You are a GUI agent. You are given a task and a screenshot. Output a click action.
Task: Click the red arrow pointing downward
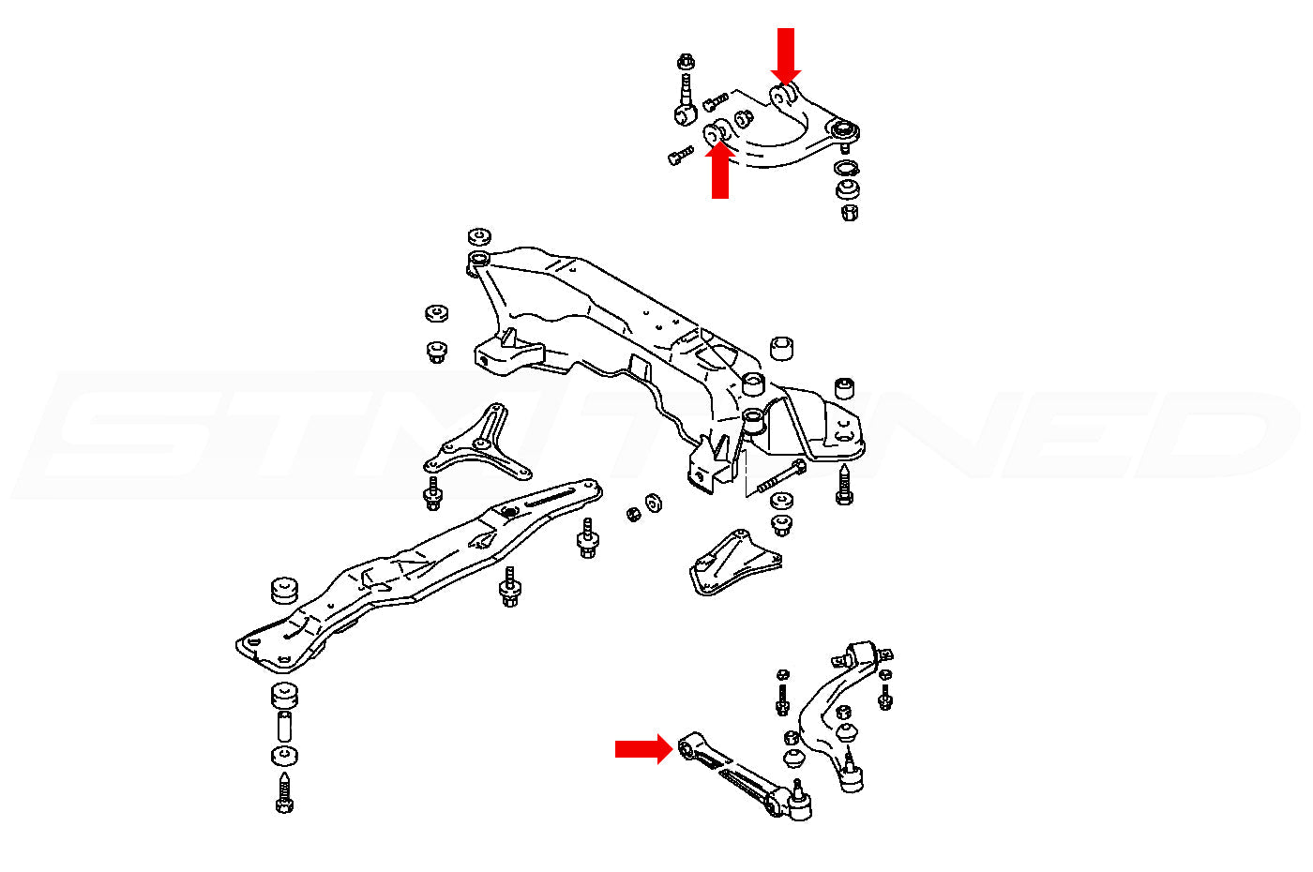pos(786,54)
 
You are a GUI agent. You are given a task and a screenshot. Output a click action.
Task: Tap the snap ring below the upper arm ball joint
pos(846,169)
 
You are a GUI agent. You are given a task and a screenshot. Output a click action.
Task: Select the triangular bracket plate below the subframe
pos(732,564)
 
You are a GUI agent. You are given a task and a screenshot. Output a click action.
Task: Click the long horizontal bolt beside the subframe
pos(778,478)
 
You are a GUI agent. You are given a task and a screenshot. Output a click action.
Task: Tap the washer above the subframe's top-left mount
pos(479,235)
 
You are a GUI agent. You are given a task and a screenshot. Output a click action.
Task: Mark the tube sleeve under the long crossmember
pos(285,726)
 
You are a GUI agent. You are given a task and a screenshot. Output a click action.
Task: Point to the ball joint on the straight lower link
pos(799,803)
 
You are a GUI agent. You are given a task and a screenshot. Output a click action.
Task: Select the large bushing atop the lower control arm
pos(861,654)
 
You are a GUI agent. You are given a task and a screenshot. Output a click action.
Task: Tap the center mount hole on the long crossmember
pos(509,511)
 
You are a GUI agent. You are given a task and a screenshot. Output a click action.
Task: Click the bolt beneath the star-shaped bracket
pos(433,493)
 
